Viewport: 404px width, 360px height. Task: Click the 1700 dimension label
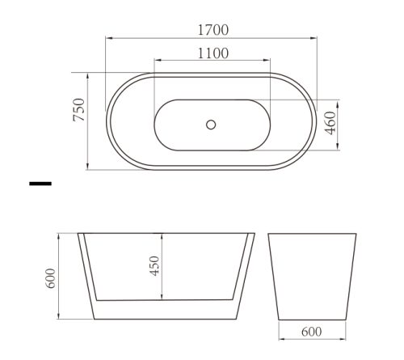(x=213, y=30)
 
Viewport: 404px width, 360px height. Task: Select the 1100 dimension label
(x=213, y=53)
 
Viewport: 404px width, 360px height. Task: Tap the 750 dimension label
(x=79, y=109)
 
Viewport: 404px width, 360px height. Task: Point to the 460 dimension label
(x=330, y=123)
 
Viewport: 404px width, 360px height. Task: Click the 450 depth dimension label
(x=154, y=266)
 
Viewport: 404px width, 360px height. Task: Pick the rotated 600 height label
(x=51, y=278)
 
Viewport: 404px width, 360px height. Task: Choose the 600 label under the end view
(x=312, y=332)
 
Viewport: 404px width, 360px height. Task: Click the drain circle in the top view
(x=211, y=125)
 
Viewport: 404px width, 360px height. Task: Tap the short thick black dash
(x=40, y=184)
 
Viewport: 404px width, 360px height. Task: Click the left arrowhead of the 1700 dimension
(x=109, y=38)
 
